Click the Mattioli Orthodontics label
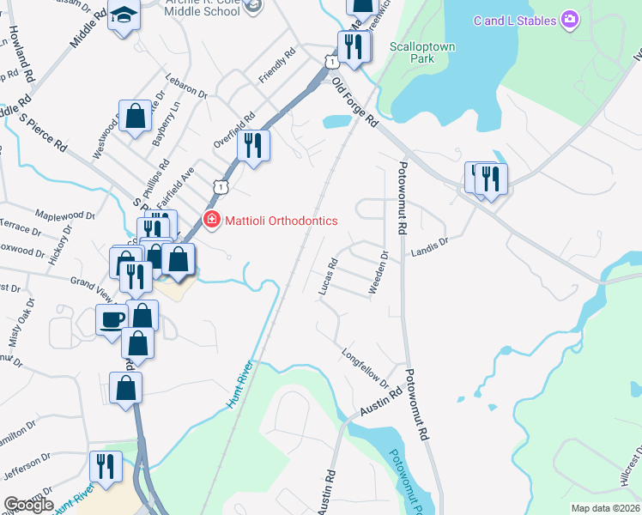281,221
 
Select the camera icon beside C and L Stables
568,20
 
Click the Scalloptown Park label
421,52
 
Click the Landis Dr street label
430,246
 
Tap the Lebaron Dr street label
188,85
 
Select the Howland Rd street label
21,52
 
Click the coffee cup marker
112,318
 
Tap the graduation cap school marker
124,15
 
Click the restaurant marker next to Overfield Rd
253,144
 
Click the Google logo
29,505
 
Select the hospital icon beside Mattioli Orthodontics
210,221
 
